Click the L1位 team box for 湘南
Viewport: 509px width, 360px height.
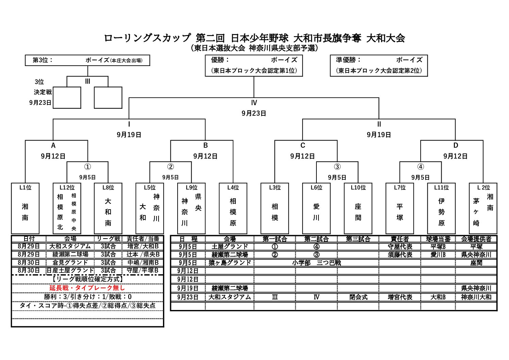(25, 208)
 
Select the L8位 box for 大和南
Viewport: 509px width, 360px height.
(108, 208)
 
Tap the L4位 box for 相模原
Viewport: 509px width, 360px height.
(233, 208)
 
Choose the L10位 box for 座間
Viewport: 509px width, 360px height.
(358, 208)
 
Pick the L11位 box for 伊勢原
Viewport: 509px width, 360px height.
(441, 208)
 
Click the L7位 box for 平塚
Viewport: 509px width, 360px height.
(400, 208)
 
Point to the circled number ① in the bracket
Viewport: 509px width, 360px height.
(87, 167)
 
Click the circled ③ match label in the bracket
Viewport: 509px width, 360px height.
(337, 167)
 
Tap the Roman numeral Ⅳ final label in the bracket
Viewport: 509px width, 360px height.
(254, 103)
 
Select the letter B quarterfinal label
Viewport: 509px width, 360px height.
(206, 145)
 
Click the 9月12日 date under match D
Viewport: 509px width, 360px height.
(455, 156)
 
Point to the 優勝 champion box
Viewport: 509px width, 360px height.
(254, 65)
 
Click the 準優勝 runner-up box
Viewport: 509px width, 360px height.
(379, 65)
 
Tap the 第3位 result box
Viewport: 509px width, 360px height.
(87, 60)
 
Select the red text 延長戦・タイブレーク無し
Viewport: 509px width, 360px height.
(87, 288)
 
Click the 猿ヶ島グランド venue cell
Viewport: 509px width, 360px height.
(230, 263)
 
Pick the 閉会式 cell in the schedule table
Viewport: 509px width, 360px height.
(358, 297)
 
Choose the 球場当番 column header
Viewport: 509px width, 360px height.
(438, 239)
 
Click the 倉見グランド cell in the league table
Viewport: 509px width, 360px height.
(70, 262)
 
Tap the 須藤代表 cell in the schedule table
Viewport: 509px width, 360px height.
(400, 255)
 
